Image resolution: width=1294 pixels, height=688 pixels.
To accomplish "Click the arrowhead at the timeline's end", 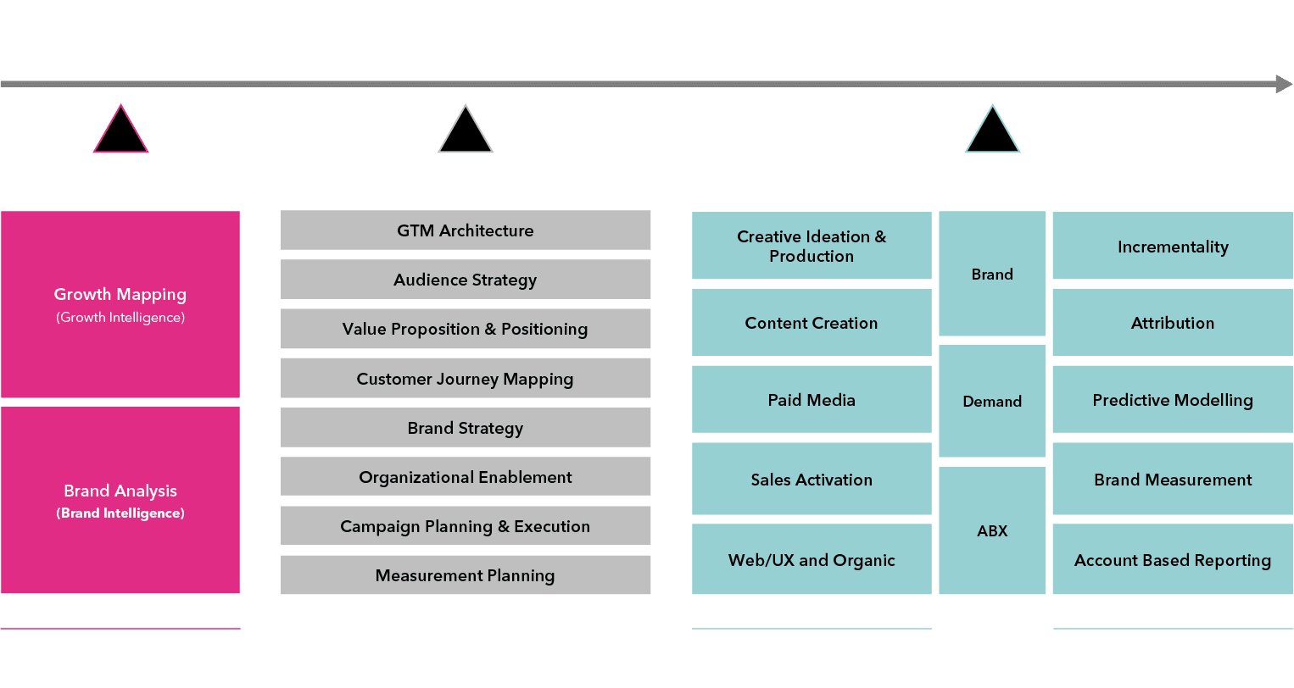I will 1283,84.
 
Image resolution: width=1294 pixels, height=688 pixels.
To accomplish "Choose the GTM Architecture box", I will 466,230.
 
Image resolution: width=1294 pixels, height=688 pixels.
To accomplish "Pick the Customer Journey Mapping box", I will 466,379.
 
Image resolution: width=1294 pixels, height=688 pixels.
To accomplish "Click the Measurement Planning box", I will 466,575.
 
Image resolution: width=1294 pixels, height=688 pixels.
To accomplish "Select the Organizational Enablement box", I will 466,477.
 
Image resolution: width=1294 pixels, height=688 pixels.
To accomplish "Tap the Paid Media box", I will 812,400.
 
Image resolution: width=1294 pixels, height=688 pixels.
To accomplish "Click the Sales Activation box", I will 812,480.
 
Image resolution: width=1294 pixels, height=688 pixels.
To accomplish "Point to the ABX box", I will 992,531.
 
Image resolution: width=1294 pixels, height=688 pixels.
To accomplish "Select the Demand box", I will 992,402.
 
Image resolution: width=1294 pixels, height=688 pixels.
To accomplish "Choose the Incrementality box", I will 1173,247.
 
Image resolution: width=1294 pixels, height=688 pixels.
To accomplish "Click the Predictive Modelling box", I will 1173,400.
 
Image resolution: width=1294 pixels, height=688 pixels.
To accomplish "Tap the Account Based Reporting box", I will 1173,560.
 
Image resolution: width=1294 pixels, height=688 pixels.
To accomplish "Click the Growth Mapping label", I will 120,294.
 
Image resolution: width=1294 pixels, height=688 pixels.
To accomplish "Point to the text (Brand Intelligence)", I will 120,513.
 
